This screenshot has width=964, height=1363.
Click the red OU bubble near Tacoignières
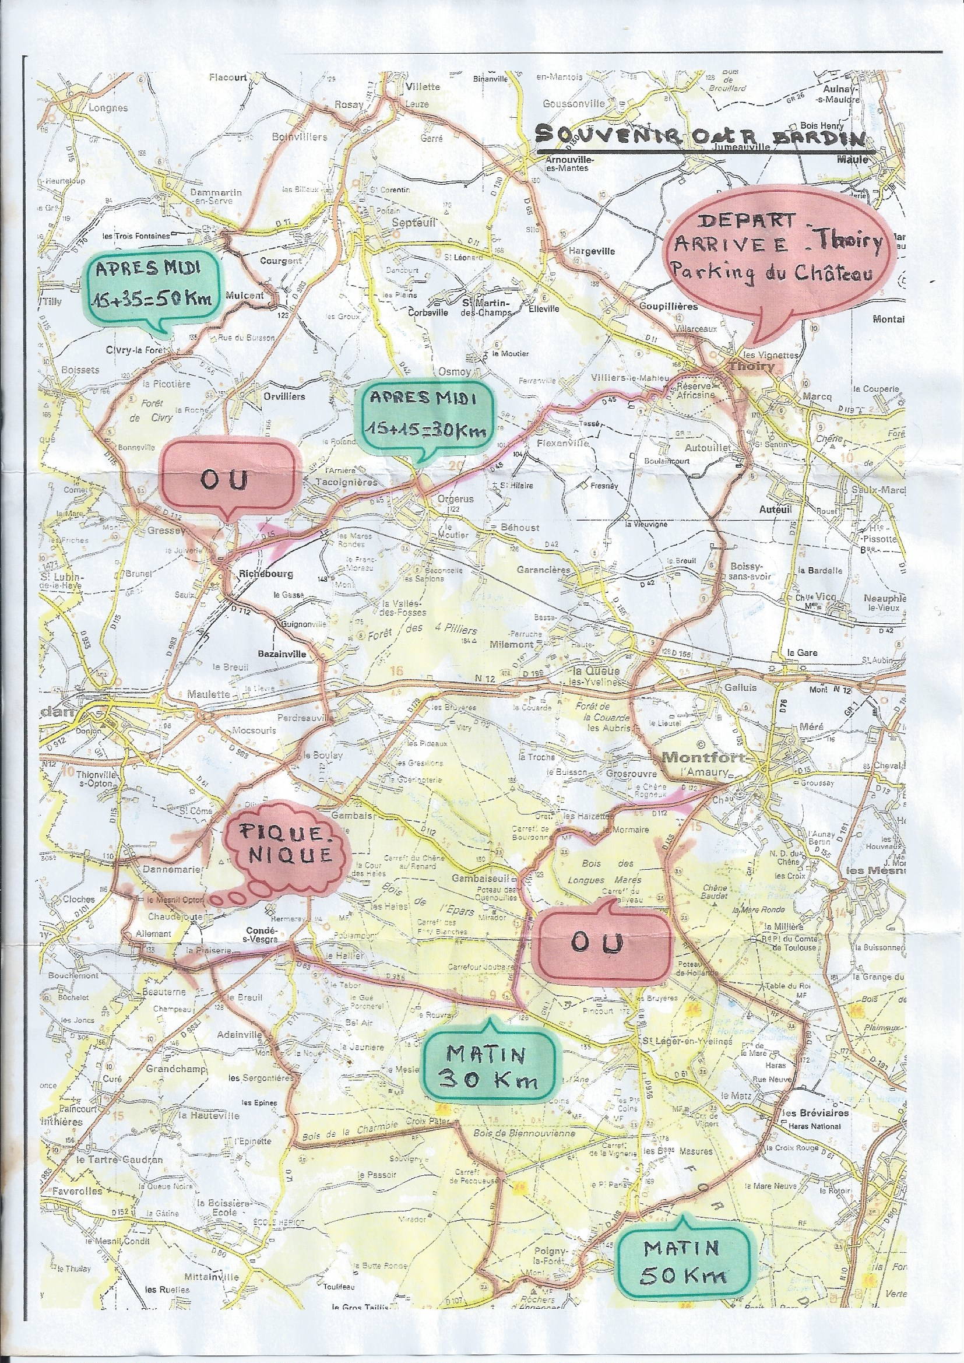coord(227,481)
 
